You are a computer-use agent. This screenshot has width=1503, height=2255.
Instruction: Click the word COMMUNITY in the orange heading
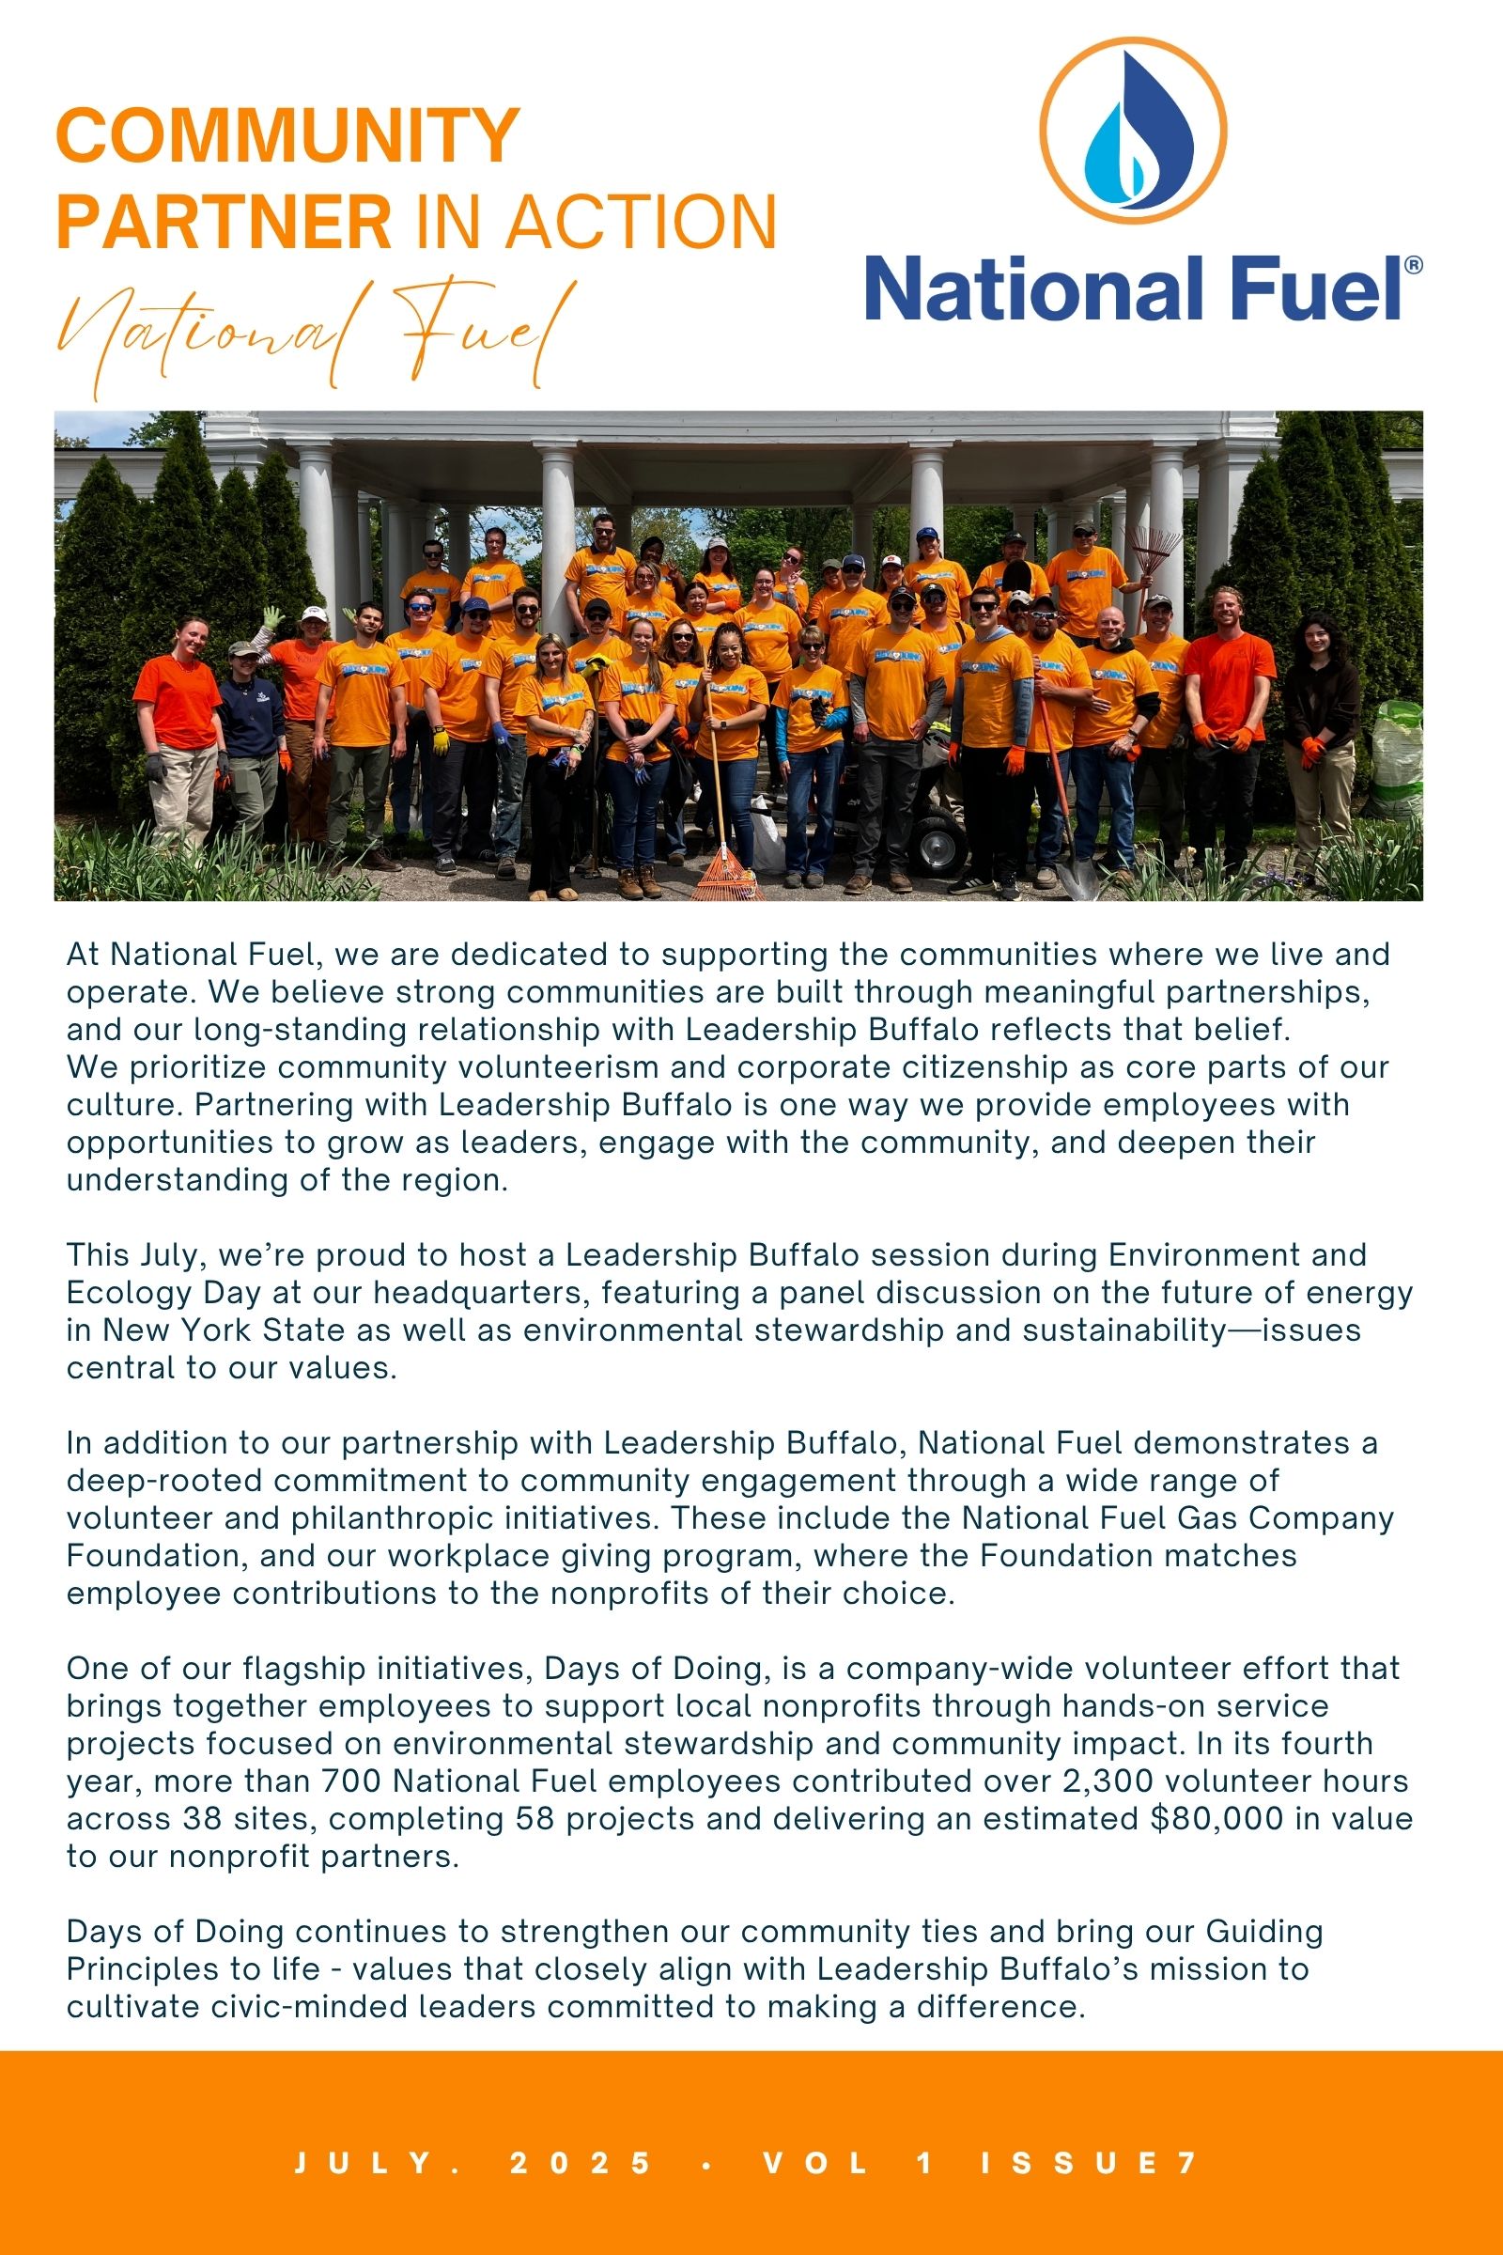tap(287, 136)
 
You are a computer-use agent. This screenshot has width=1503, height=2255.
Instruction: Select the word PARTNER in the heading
tap(225, 223)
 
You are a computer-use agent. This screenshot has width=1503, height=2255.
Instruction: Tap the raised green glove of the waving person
tap(273, 617)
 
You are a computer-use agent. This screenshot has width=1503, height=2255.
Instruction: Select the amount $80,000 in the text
tap(1216, 1819)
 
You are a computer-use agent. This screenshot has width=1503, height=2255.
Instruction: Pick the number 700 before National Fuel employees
tap(351, 1781)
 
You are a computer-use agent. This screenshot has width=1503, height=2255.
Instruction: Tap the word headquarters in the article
tap(479, 1294)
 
